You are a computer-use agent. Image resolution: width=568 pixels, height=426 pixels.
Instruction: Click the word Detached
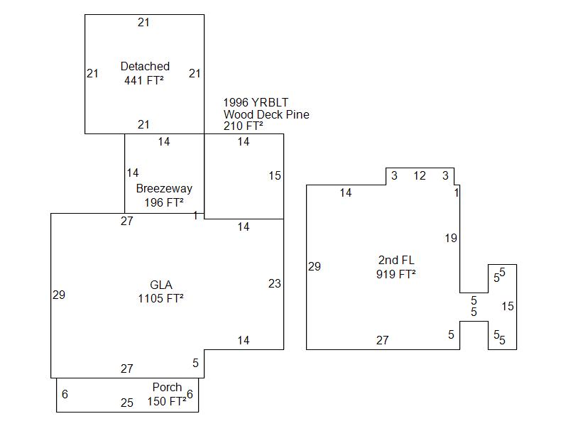[x=145, y=67]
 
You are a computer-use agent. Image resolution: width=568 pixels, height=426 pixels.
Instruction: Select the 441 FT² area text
[x=144, y=81]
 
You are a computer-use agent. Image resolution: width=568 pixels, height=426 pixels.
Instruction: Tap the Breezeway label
[x=164, y=189]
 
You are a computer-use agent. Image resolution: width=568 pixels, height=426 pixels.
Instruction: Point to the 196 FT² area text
[x=164, y=203]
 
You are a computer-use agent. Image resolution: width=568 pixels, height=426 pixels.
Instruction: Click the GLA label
[x=160, y=285]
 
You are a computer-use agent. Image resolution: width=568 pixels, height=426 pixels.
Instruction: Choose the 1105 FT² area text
[x=160, y=299]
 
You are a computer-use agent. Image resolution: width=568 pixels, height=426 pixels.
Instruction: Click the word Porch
[x=167, y=388]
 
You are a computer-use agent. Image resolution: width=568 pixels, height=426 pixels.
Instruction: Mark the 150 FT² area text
[x=167, y=402]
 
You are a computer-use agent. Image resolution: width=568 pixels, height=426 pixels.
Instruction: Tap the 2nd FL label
[x=396, y=260]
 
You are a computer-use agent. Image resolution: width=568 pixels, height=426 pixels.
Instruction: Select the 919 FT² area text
[x=396, y=274]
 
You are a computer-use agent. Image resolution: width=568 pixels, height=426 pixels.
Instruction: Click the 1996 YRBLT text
[x=256, y=102]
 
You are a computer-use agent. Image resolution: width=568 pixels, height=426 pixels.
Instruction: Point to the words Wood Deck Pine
[x=266, y=114]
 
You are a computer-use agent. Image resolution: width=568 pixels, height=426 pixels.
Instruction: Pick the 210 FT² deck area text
[x=244, y=126]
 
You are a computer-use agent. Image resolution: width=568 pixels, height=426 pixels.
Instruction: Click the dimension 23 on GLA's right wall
[x=275, y=284]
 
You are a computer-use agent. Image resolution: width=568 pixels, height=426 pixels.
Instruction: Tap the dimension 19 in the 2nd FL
[x=451, y=239]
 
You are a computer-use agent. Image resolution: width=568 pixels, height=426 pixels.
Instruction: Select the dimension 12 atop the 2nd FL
[x=420, y=176]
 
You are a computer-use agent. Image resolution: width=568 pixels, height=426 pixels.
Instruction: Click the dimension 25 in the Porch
[x=126, y=403]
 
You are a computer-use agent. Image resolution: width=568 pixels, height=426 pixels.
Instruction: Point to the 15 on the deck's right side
[x=275, y=176]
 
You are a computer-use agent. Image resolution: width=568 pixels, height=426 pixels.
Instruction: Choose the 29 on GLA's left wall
[x=59, y=295]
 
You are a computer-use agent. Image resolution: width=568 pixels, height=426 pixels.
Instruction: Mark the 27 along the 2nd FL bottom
[x=383, y=341]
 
